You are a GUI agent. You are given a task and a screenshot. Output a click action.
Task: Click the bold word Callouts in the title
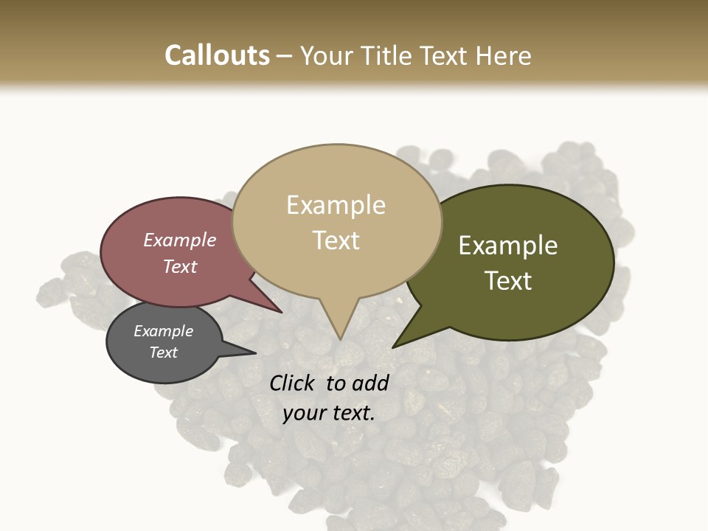pos(217,55)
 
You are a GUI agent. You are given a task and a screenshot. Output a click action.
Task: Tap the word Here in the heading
pos(504,55)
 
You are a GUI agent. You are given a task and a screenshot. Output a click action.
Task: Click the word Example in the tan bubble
pos(336,205)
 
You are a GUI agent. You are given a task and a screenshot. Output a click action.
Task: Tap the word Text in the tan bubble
pos(336,240)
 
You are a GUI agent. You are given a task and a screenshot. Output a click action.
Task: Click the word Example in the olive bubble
pos(508,246)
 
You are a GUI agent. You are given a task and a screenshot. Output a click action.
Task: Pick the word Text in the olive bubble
pos(508,281)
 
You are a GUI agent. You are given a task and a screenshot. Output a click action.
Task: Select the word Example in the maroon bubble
pos(180,240)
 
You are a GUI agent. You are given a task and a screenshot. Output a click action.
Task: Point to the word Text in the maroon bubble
pos(180,266)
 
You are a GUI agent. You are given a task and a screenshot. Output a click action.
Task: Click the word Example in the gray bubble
pos(163,331)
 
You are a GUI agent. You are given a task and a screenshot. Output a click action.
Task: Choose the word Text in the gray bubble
pos(163,353)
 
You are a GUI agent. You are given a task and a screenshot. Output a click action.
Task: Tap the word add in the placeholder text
pos(370,383)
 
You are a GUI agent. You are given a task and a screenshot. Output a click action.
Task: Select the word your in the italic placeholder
pos(302,414)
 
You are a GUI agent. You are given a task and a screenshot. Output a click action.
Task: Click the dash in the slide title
pos(285,56)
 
